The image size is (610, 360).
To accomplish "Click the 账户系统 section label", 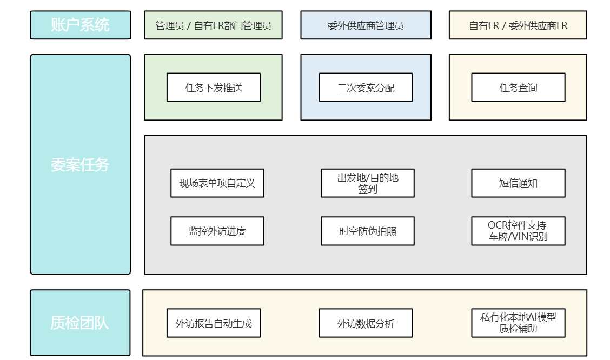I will [80, 25].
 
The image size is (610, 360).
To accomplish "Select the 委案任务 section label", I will [80, 164].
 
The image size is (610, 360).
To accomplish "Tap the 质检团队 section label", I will [80, 323].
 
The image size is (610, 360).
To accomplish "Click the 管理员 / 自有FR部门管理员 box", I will [213, 25].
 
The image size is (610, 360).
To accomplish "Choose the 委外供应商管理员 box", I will [366, 25].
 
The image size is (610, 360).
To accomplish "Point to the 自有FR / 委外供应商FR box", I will [518, 25].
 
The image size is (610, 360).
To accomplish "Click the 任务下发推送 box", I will [214, 88].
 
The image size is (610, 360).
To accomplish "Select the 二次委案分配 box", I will [366, 88].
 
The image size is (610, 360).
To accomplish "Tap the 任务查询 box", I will [518, 88].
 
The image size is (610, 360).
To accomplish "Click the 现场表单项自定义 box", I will [217, 183].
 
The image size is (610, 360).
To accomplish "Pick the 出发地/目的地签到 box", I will [367, 183].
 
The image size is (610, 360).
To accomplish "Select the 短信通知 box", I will [518, 183].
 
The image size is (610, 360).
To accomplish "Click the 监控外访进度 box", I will [217, 231].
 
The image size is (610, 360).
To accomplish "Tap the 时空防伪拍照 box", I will [367, 231].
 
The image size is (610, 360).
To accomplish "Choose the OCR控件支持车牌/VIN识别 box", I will [518, 231].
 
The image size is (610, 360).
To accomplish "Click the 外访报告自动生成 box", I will [214, 323].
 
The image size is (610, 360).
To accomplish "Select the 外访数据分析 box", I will [366, 323].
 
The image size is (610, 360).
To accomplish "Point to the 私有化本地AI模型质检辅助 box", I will [518, 323].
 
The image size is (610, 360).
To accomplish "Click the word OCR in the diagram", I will [498, 225].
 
